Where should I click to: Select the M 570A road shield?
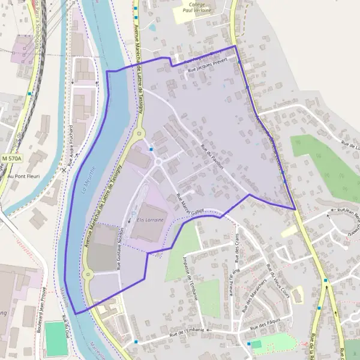tap(11, 158)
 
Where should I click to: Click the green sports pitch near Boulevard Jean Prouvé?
tap(56, 339)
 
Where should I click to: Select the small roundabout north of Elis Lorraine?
tap(159, 161)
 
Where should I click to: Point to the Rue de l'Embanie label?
tap(188, 331)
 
